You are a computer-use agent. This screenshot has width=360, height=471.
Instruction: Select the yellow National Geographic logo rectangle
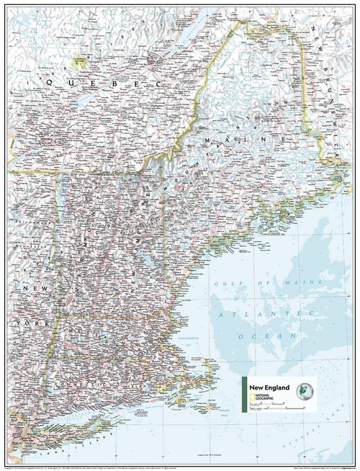251,398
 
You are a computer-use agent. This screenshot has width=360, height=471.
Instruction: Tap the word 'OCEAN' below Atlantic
281,336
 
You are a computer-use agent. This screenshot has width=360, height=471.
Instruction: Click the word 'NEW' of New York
27,287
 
